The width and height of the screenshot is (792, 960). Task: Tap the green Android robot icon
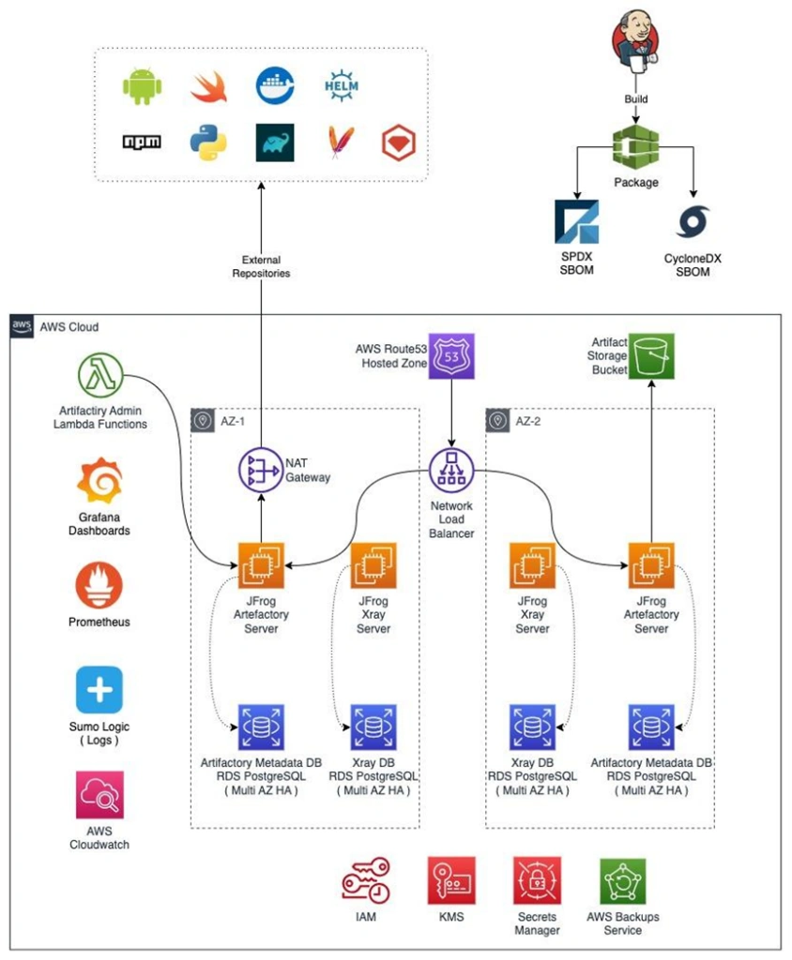pos(142,87)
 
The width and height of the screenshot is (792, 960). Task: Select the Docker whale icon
pos(275,85)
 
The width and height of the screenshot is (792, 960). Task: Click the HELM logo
pos(341,85)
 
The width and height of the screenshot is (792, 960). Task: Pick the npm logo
pos(142,142)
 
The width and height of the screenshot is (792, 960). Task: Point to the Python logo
pos(207,142)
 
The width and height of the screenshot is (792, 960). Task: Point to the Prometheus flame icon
pos(99,585)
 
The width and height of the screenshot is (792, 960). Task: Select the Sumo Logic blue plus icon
pos(99,690)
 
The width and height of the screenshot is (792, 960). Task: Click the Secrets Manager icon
pos(536,881)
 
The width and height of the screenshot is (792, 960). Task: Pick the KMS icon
pos(450,881)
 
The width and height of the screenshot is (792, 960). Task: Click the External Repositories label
pos(261,266)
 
